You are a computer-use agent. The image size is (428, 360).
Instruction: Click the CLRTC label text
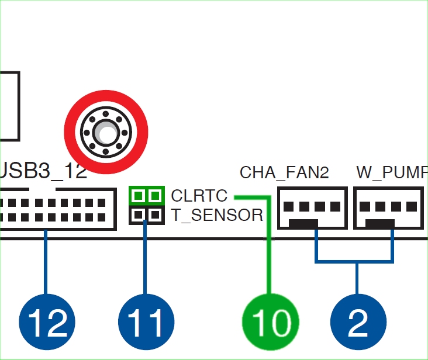pyautogui.click(x=199, y=195)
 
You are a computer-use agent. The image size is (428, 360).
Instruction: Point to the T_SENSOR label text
pyautogui.click(x=217, y=216)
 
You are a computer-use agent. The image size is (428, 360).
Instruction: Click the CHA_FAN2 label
pyautogui.click(x=284, y=172)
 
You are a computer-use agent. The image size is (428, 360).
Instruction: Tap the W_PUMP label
pyautogui.click(x=391, y=172)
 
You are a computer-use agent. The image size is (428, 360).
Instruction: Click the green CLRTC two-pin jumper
pyautogui.click(x=146, y=195)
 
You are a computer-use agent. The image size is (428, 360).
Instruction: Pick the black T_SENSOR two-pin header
pyautogui.click(x=146, y=215)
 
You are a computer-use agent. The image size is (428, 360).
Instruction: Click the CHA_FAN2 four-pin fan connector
pyautogui.click(x=312, y=208)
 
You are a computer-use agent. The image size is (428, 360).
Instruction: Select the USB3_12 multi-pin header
pyautogui.click(x=56, y=210)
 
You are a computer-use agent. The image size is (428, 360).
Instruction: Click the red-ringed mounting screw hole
pyautogui.click(x=106, y=132)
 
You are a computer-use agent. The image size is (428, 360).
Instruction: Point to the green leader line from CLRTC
pyautogui.click(x=270, y=245)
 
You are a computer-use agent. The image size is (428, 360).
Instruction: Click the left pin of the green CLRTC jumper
pyautogui.click(x=139, y=195)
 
